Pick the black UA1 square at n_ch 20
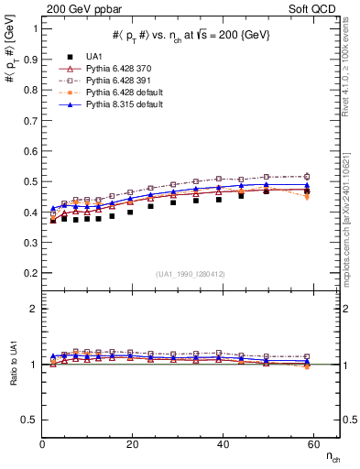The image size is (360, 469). (131, 212)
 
